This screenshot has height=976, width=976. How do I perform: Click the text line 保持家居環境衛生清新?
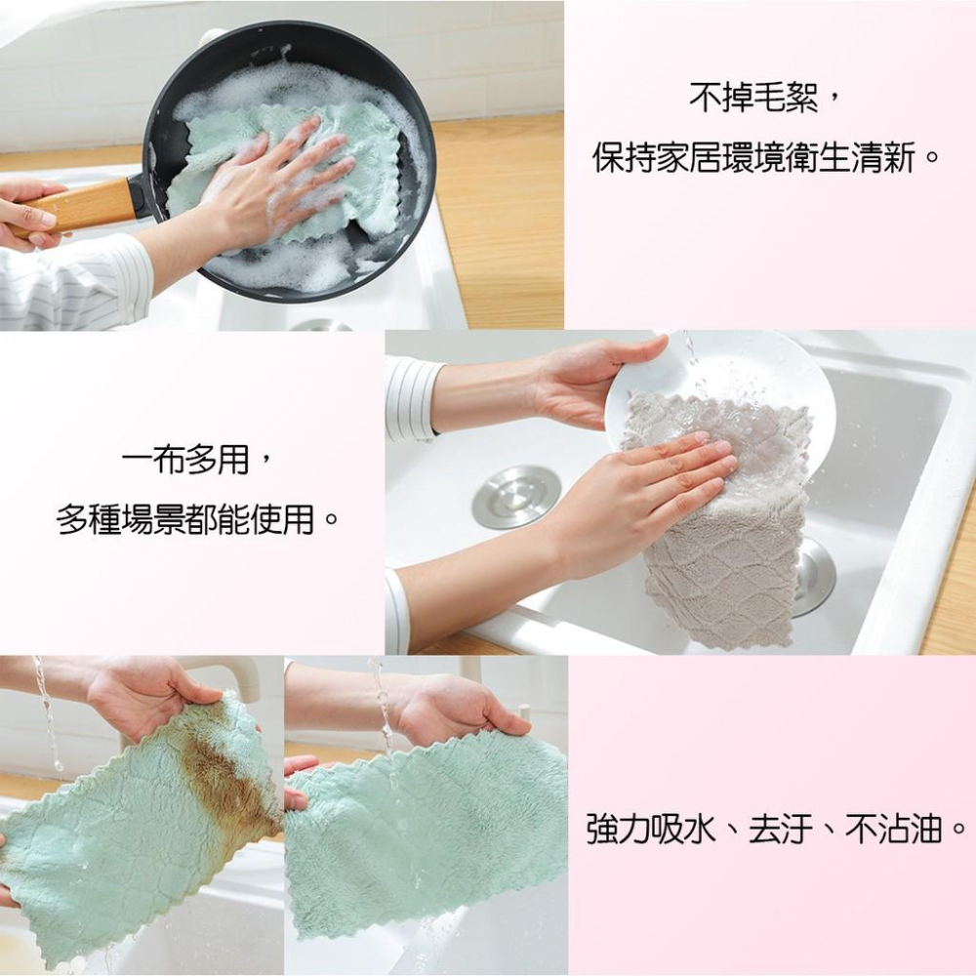click(766, 157)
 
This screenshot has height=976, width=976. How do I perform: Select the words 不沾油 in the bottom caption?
click(893, 832)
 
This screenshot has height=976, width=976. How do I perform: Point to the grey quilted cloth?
click(722, 566)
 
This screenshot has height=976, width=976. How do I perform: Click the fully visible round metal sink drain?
click(516, 497)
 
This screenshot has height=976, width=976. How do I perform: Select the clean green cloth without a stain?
click(429, 830)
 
